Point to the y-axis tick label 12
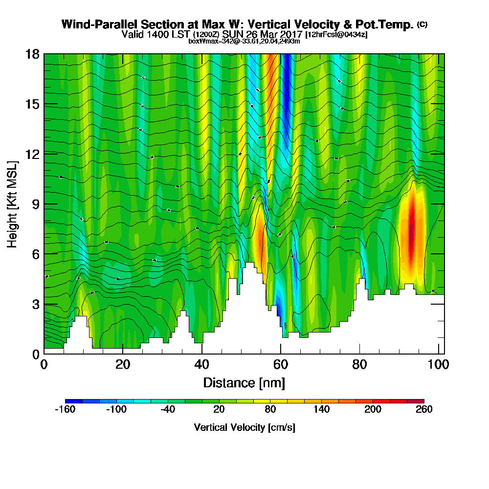click(32, 154)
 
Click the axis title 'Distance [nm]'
click(244, 382)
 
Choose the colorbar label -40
click(168, 410)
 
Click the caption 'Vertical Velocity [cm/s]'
click(244, 427)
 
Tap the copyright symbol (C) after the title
click(422, 24)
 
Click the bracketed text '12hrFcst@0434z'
click(336, 35)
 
